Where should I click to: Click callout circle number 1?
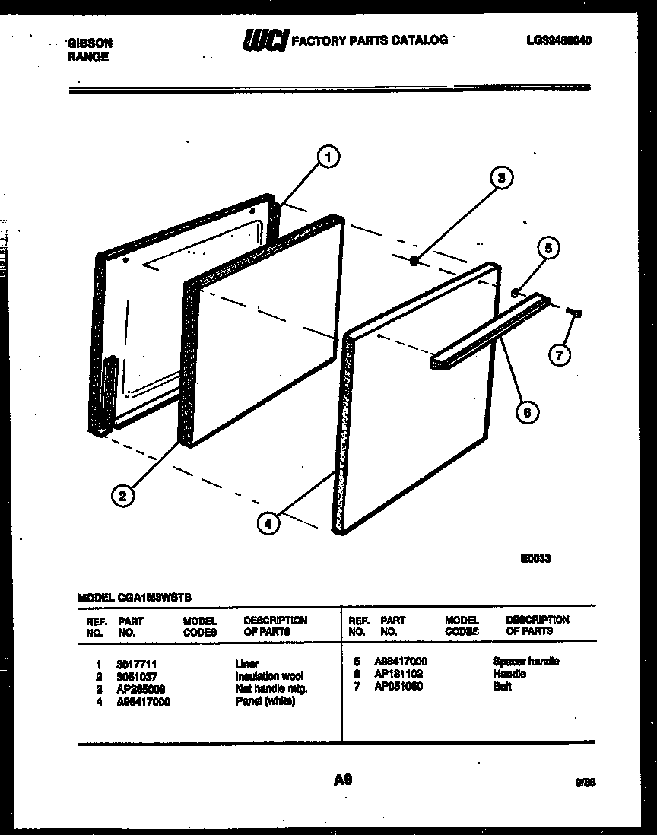[328, 157]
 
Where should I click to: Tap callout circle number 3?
[500, 179]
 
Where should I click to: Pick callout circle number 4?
[267, 522]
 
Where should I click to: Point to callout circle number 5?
[547, 248]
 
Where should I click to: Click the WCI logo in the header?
[265, 40]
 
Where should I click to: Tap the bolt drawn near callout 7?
[576, 312]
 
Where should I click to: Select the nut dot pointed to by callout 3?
[414, 261]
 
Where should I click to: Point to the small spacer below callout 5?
[515, 292]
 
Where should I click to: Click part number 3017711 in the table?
[138, 664]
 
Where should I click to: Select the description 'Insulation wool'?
[269, 676]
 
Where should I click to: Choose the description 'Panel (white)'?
[265, 701]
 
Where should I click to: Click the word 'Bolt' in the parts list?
[502, 686]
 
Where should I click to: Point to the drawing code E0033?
[535, 558]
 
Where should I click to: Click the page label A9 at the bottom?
[342, 779]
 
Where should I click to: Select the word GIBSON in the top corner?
[89, 44]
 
